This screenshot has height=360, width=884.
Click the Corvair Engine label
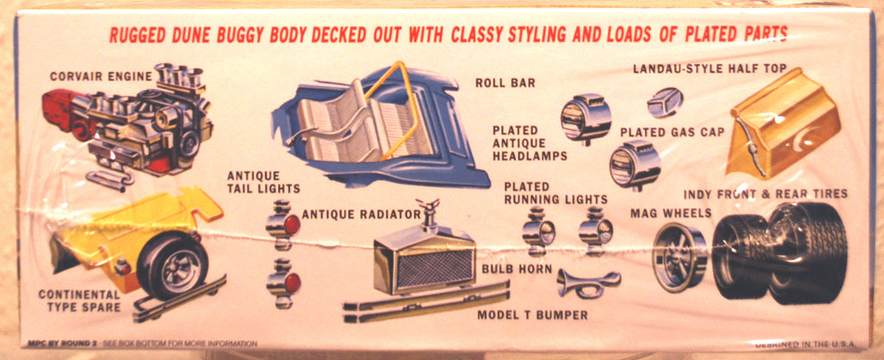click(101, 76)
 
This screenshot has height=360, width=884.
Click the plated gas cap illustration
click(665, 102)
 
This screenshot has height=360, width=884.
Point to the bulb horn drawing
click(588, 282)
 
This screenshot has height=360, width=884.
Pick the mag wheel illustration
click(679, 257)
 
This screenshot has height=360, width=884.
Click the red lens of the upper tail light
click(292, 225)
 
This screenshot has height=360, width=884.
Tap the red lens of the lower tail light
click(292, 282)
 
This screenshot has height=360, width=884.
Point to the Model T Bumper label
click(532, 315)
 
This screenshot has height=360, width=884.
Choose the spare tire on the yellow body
click(173, 265)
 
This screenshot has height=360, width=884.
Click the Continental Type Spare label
click(79, 300)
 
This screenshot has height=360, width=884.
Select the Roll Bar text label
click(505, 83)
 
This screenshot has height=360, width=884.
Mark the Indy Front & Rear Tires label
click(765, 193)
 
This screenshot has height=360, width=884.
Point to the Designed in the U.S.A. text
click(805, 344)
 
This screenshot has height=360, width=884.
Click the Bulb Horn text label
click(516, 269)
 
